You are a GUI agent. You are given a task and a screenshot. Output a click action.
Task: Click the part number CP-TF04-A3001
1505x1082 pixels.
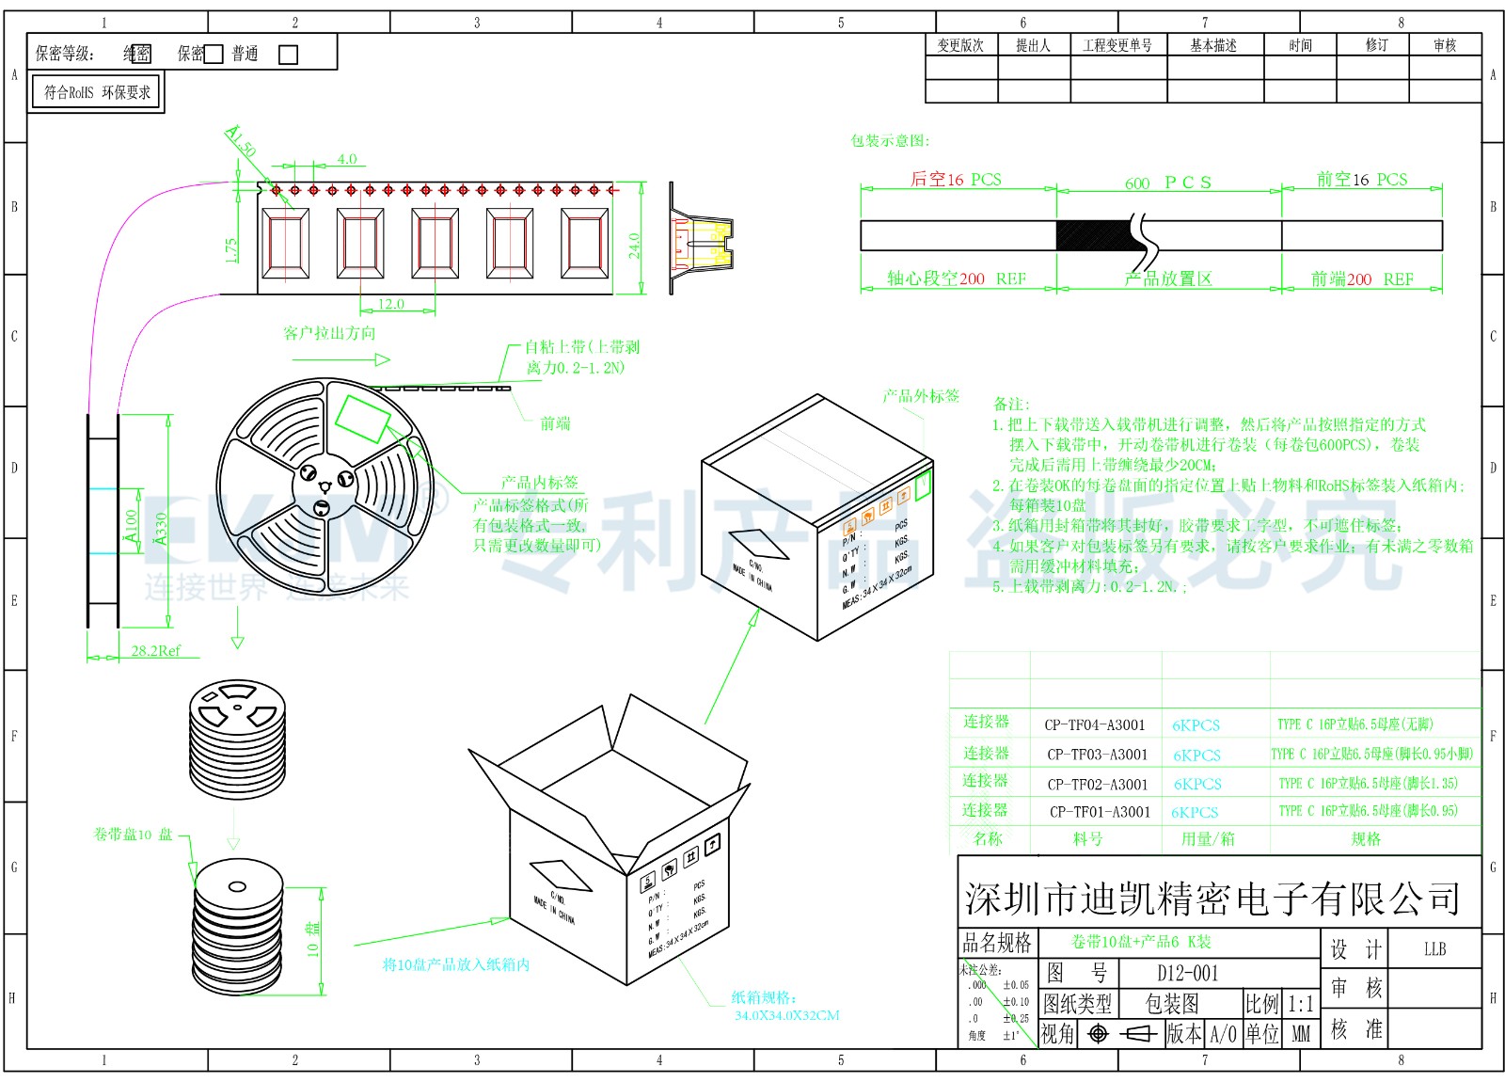(1095, 724)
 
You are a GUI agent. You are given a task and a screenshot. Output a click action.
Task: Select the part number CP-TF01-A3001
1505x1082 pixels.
(1100, 812)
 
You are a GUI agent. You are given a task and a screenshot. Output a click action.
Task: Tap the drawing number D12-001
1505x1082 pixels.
(1187, 973)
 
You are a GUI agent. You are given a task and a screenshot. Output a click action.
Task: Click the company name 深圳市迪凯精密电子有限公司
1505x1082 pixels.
(1212, 899)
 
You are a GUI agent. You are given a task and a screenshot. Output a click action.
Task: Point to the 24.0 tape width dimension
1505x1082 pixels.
(635, 245)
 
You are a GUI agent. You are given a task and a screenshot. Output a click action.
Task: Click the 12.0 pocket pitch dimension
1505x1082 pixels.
(390, 304)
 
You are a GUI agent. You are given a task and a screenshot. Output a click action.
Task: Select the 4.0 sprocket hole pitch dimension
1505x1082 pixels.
(346, 159)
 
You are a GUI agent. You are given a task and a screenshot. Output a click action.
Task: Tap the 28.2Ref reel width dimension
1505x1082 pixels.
(155, 650)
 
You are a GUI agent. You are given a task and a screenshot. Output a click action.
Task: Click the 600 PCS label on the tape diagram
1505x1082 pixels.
(1168, 183)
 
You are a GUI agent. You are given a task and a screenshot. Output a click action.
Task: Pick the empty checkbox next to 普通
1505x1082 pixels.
(289, 55)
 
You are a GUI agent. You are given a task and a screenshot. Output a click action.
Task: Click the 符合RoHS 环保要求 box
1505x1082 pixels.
(97, 92)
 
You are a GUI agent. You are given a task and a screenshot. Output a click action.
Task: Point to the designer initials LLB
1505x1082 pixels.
(1434, 949)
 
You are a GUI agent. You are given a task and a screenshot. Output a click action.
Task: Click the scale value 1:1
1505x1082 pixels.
(1300, 1004)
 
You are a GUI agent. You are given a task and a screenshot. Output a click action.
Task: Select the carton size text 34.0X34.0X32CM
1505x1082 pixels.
(786, 1015)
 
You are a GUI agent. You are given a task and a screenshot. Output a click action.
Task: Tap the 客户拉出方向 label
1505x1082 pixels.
(329, 333)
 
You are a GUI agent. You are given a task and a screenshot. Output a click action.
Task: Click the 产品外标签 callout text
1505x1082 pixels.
(921, 396)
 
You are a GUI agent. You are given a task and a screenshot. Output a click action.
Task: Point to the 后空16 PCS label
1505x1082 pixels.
(956, 180)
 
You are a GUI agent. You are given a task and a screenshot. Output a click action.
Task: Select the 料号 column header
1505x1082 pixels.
(1087, 838)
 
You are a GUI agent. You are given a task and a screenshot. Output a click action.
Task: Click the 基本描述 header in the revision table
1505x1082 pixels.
(1213, 45)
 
